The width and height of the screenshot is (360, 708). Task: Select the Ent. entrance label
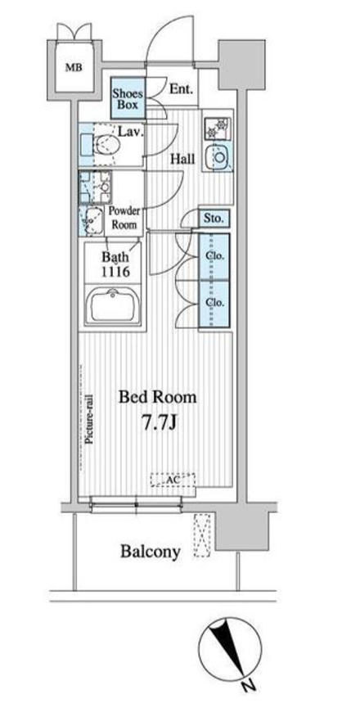pyautogui.click(x=181, y=88)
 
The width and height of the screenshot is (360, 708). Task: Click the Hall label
pyautogui.click(x=182, y=159)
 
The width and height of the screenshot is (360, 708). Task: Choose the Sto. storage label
pyautogui.click(x=214, y=219)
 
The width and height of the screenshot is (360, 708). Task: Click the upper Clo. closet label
pyautogui.click(x=214, y=255)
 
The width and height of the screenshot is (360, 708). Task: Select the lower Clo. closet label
pyautogui.click(x=214, y=303)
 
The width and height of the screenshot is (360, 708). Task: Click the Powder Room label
pyautogui.click(x=124, y=218)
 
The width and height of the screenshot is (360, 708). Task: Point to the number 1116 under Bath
pyautogui.click(x=115, y=272)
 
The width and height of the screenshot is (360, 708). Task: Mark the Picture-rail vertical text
pyautogui.click(x=89, y=419)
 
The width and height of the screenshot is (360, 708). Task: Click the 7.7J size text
pyautogui.click(x=157, y=423)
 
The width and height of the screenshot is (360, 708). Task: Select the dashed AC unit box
pyautogui.click(x=173, y=480)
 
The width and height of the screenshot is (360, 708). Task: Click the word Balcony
pyautogui.click(x=151, y=552)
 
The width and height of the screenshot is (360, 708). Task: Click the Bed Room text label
pyautogui.click(x=157, y=397)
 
